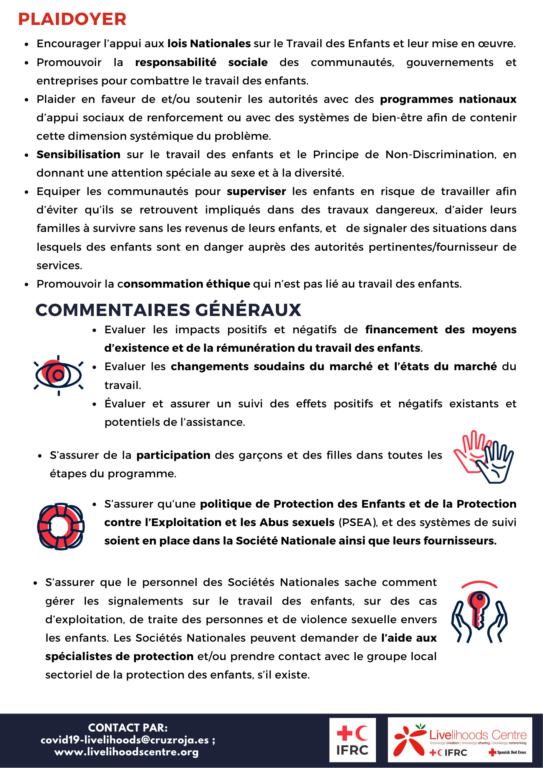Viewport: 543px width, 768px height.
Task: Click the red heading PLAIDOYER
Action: [72, 19]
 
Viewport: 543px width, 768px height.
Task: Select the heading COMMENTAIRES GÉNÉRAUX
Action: [168, 310]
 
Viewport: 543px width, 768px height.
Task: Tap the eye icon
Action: [58, 375]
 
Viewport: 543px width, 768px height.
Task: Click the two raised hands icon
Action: [484, 457]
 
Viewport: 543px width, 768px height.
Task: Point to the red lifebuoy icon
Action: [61, 526]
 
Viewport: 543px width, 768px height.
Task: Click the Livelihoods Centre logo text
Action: [478, 735]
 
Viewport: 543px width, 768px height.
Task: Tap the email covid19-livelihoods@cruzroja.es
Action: [125, 740]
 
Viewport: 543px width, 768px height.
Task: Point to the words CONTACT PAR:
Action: [128, 728]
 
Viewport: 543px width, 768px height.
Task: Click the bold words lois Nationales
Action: [209, 44]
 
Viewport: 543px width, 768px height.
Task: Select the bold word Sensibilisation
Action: [78, 154]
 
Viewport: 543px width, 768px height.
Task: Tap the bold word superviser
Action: [256, 191]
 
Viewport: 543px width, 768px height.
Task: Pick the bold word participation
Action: [173, 455]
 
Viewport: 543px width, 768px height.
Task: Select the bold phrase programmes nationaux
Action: [448, 99]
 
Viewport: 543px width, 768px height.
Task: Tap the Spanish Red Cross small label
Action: [508, 752]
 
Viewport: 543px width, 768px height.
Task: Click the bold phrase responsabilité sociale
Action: [201, 62]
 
